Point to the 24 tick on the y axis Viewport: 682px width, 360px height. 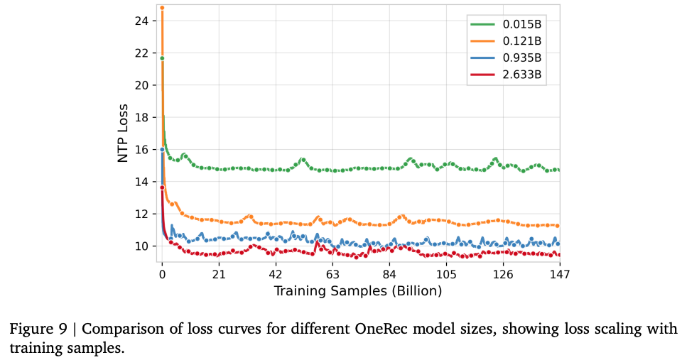(142, 21)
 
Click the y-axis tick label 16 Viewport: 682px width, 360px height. (142, 150)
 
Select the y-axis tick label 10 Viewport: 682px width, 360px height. (142, 246)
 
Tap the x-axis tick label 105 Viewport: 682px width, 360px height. (446, 274)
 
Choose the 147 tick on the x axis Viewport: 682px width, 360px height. (560, 274)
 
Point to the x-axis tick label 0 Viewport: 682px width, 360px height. (162, 274)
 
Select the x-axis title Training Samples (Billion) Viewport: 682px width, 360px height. (358, 290)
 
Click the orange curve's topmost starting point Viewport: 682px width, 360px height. (162, 8)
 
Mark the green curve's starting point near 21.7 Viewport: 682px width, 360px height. (162, 58)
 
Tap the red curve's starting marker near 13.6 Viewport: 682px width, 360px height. (162, 187)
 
